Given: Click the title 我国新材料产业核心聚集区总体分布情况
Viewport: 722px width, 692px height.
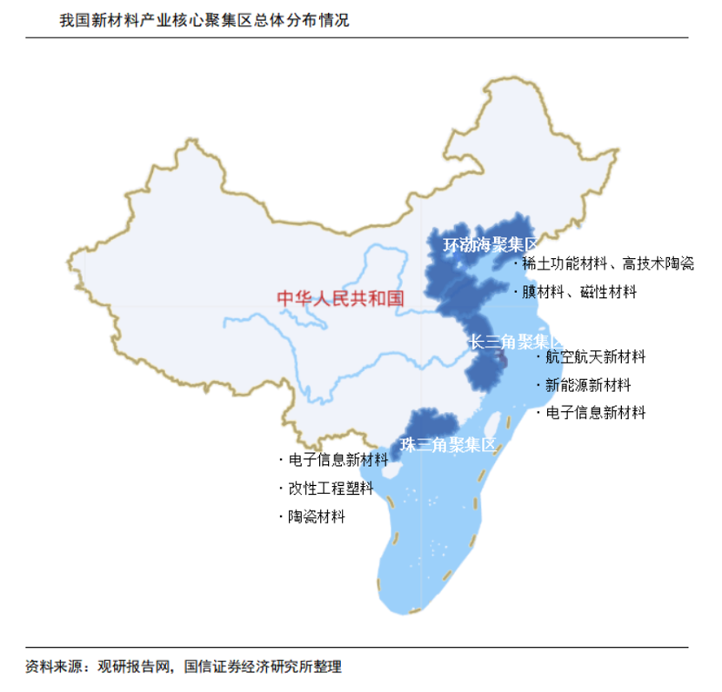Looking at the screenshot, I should [204, 20].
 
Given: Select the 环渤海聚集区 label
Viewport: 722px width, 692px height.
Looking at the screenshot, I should [491, 246].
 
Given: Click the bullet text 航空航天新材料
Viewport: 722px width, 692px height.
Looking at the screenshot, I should [596, 356].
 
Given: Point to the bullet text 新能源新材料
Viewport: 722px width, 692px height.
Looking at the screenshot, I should [588, 385].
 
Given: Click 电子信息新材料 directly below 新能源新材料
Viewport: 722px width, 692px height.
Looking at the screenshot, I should [596, 413].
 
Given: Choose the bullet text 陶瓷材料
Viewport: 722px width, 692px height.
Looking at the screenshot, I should [317, 516].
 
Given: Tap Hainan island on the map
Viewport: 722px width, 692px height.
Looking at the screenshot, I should [391, 470].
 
